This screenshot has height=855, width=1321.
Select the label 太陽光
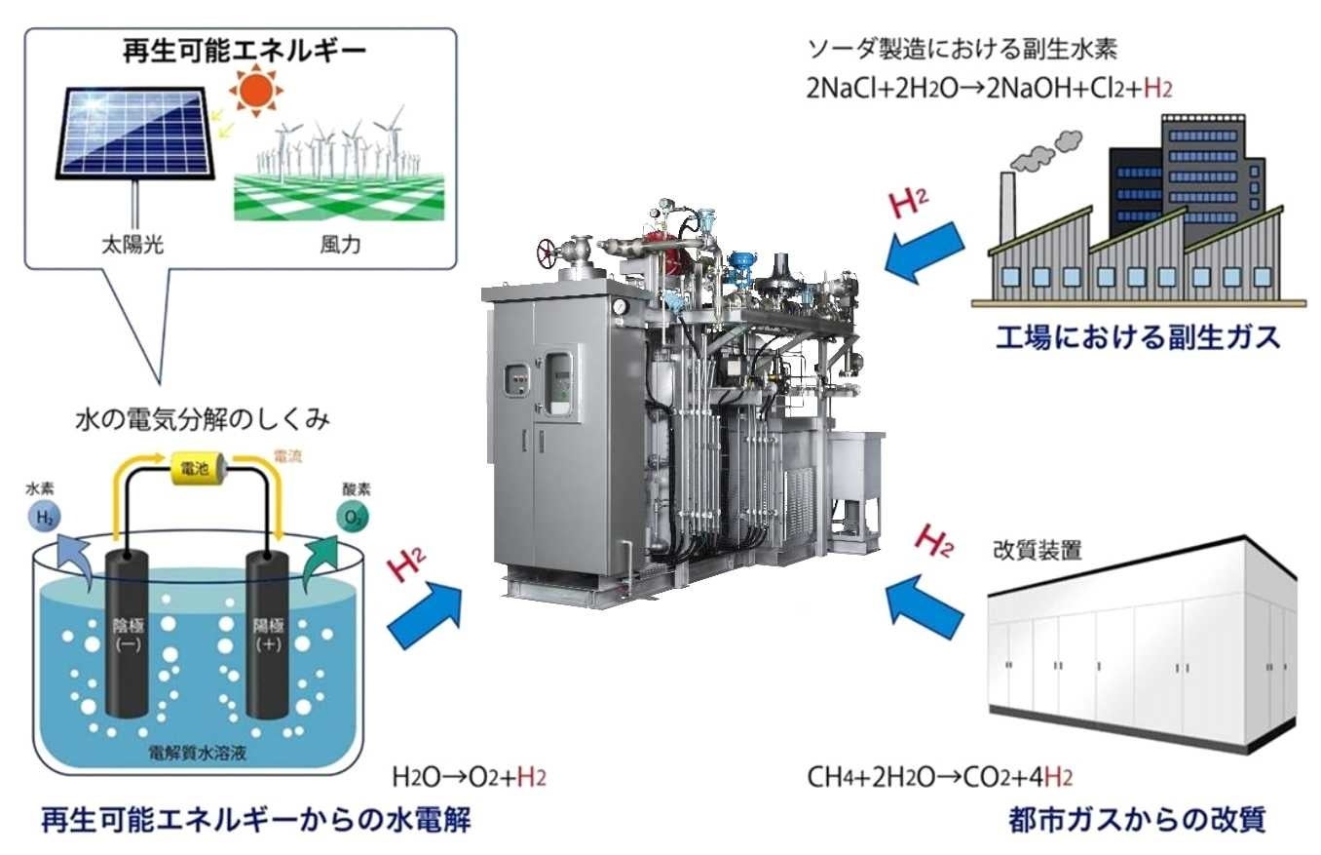pos(132,244)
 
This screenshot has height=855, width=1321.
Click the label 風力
pos(340,244)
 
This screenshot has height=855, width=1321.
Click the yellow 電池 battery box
pos(199,469)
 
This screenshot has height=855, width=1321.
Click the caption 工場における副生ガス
pos(1137,338)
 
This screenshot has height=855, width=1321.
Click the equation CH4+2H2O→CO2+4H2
pos(940,777)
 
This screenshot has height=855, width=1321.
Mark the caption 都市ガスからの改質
pos(1136,820)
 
